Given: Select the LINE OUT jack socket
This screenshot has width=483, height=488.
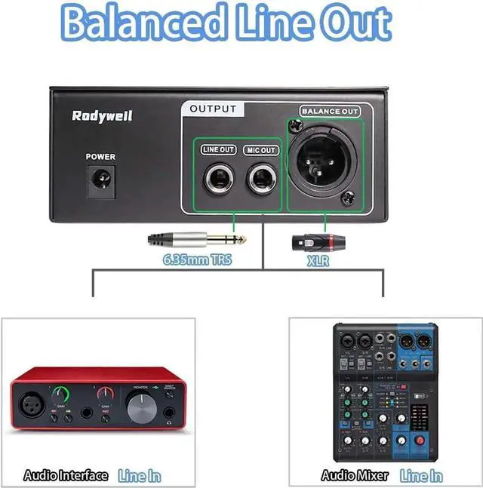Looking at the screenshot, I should click(x=219, y=180).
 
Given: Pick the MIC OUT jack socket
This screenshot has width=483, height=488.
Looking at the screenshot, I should click(x=261, y=180).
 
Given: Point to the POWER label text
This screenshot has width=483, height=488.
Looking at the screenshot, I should click(x=100, y=157).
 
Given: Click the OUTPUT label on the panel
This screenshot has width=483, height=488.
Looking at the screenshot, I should click(x=213, y=109).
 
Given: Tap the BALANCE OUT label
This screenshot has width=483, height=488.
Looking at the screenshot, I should click(x=330, y=112).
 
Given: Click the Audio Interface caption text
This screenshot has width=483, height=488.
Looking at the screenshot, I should click(x=66, y=475).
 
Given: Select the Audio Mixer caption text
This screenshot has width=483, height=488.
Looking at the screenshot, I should click(x=355, y=475).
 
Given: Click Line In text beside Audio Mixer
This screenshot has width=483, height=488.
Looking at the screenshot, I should click(x=421, y=475).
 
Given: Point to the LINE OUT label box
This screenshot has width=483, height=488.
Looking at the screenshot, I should click(x=219, y=150).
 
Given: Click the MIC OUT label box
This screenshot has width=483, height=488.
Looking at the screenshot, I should click(x=261, y=150).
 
